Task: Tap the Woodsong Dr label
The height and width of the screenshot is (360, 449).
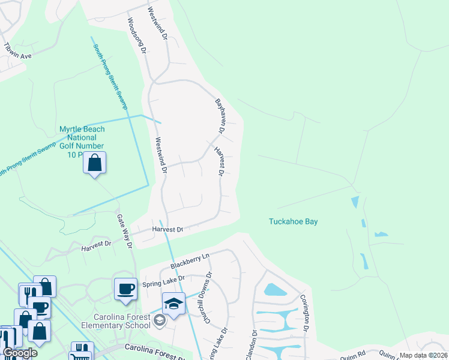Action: coord(136,35)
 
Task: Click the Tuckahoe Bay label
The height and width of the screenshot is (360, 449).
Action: coord(292,221)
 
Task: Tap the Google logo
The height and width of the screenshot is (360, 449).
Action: coord(20,353)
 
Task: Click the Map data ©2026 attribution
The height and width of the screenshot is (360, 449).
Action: coord(423,355)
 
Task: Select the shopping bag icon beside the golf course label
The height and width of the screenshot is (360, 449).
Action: coord(95,163)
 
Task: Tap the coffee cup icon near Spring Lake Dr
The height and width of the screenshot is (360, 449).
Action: coord(125,289)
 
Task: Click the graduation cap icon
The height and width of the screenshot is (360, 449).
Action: coord(173,304)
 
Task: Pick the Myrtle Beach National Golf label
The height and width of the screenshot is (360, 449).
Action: coord(82,142)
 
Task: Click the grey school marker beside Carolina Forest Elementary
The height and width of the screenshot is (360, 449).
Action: coord(159,322)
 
